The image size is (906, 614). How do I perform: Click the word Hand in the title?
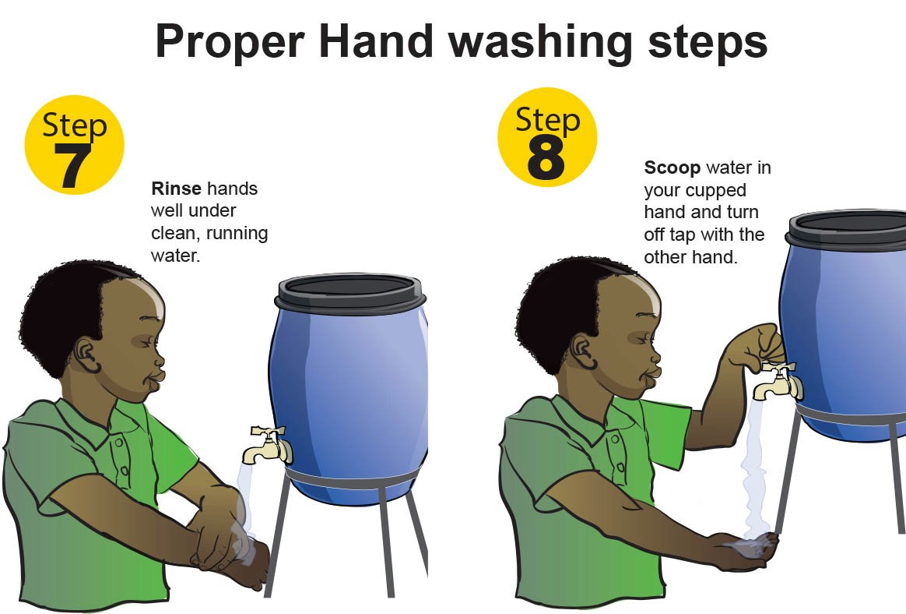[x=376, y=41]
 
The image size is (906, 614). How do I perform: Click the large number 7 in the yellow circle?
[x=72, y=165]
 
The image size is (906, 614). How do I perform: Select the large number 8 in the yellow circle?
[x=546, y=158]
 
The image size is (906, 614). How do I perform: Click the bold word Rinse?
[x=176, y=189]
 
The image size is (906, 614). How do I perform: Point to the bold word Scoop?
[x=672, y=168]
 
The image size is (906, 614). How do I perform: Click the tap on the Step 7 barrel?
[x=268, y=444]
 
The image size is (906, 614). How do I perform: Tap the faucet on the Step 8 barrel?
[x=778, y=380]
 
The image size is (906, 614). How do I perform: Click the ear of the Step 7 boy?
[x=86, y=355]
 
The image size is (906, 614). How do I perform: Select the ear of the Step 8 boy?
[x=582, y=353]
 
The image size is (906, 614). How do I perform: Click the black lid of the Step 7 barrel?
[x=350, y=292]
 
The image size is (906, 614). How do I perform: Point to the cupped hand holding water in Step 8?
[x=746, y=550]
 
